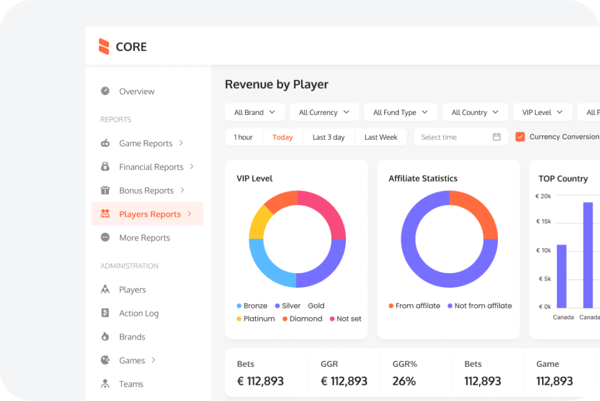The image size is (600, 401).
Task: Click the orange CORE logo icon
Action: click(104, 46)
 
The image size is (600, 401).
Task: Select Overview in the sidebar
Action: click(136, 91)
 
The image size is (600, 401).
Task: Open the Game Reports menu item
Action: click(145, 143)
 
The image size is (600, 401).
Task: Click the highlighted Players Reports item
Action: click(149, 214)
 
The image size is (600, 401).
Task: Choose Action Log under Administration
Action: click(138, 313)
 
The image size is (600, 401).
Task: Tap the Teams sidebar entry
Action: click(131, 384)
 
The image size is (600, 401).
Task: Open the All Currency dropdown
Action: click(324, 112)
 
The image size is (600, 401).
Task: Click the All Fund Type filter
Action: click(401, 112)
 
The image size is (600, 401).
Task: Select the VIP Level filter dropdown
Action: click(542, 112)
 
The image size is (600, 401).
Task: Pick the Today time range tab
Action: click(283, 137)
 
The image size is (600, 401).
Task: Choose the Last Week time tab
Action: click(381, 137)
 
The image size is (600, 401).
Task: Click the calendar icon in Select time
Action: click(496, 137)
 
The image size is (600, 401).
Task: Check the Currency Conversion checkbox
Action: click(520, 137)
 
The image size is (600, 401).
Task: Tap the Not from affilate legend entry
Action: click(479, 306)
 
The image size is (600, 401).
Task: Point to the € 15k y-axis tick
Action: click(543, 221)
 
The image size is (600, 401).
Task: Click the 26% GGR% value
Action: click(404, 381)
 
